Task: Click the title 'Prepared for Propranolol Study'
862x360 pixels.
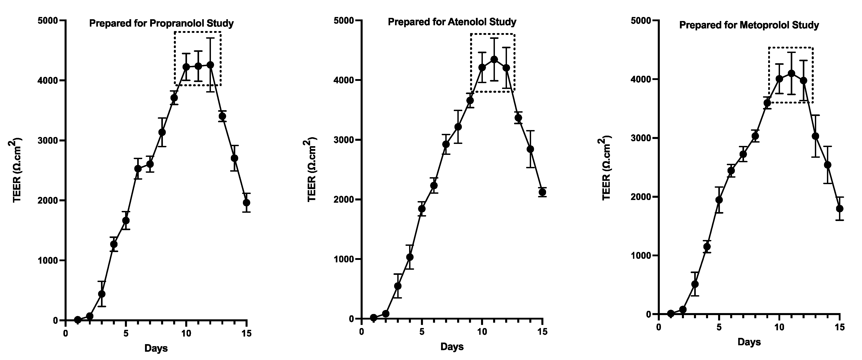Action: (x=161, y=23)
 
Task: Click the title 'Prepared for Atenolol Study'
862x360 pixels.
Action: (x=452, y=22)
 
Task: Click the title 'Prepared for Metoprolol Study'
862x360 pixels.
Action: (x=749, y=25)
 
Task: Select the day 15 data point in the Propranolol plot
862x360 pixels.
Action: (x=247, y=203)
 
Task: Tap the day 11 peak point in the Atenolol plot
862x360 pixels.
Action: (x=494, y=60)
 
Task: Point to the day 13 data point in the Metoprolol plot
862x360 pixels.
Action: (x=816, y=136)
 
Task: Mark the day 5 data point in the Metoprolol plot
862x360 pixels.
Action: (x=719, y=200)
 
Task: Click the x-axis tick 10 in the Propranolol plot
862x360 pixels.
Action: (x=186, y=334)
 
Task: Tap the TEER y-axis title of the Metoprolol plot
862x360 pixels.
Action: (x=607, y=168)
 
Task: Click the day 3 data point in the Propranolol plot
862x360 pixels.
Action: (x=102, y=294)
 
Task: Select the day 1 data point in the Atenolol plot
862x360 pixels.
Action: (x=373, y=318)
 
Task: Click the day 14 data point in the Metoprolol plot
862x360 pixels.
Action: (x=828, y=165)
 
